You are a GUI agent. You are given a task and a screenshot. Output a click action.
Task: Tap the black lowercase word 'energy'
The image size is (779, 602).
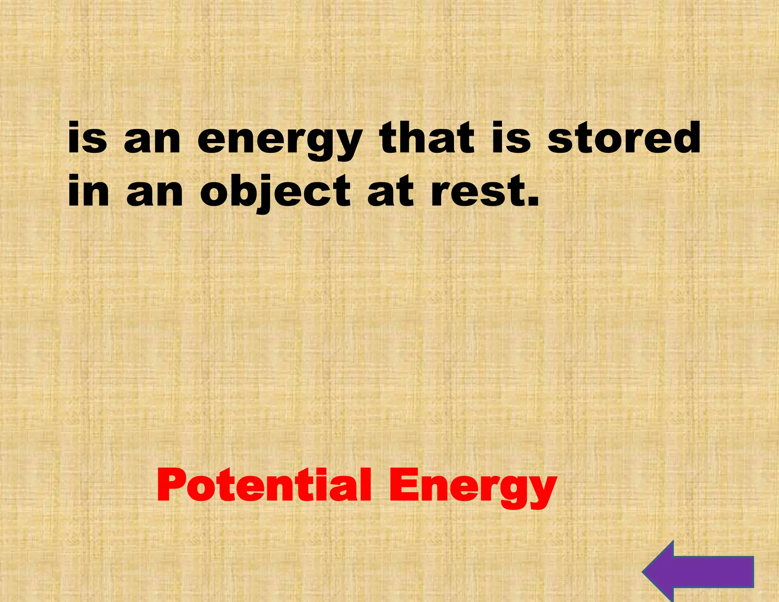(x=280, y=141)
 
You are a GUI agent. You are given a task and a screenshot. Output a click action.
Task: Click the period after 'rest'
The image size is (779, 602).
(x=533, y=202)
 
